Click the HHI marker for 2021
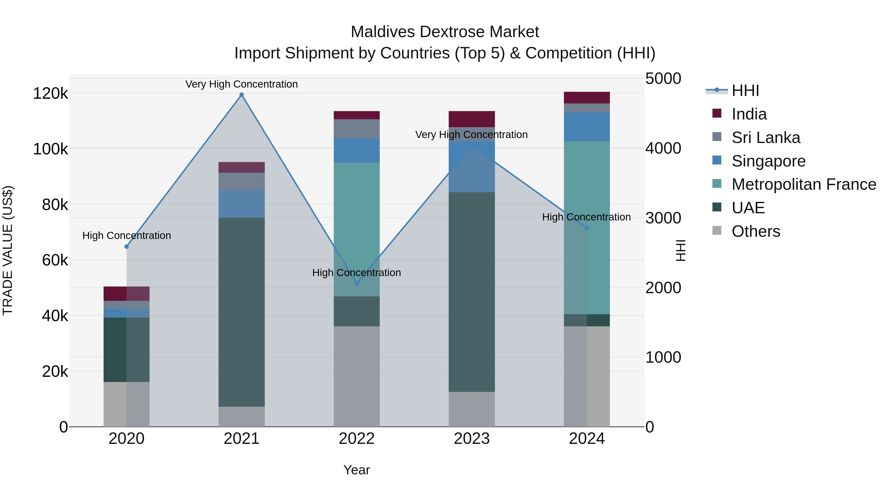click(242, 95)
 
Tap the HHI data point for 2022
click(356, 284)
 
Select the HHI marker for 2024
click(587, 228)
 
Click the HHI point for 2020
click(126, 246)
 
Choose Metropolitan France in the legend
click(804, 184)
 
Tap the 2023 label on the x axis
click(472, 439)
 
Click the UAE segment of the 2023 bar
click(472, 292)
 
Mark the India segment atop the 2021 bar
click(242, 167)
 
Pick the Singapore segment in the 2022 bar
click(356, 150)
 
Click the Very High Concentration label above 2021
click(242, 84)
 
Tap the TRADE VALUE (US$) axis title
click(8, 250)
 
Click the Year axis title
click(356, 470)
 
